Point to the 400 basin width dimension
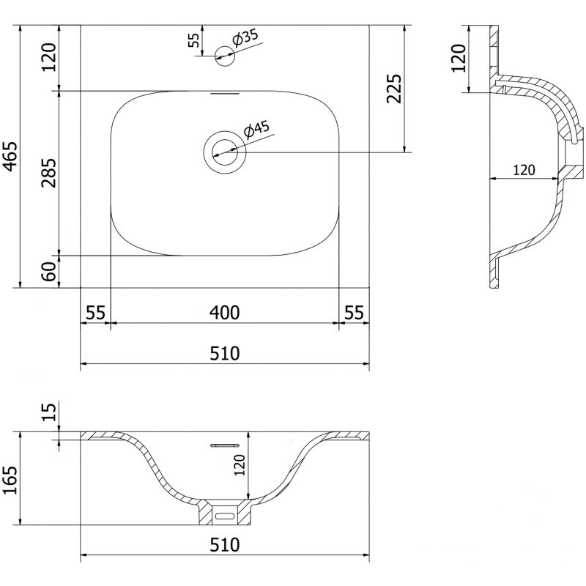click(224, 313)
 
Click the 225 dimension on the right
click(393, 89)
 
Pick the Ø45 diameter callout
click(257, 130)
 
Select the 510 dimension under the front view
click(224, 545)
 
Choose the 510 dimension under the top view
click(224, 353)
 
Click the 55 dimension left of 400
click(94, 313)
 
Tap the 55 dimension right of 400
click(354, 313)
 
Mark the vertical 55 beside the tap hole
click(193, 40)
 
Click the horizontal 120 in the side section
click(522, 170)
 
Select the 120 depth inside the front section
click(238, 464)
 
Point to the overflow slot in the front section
click(226, 444)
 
